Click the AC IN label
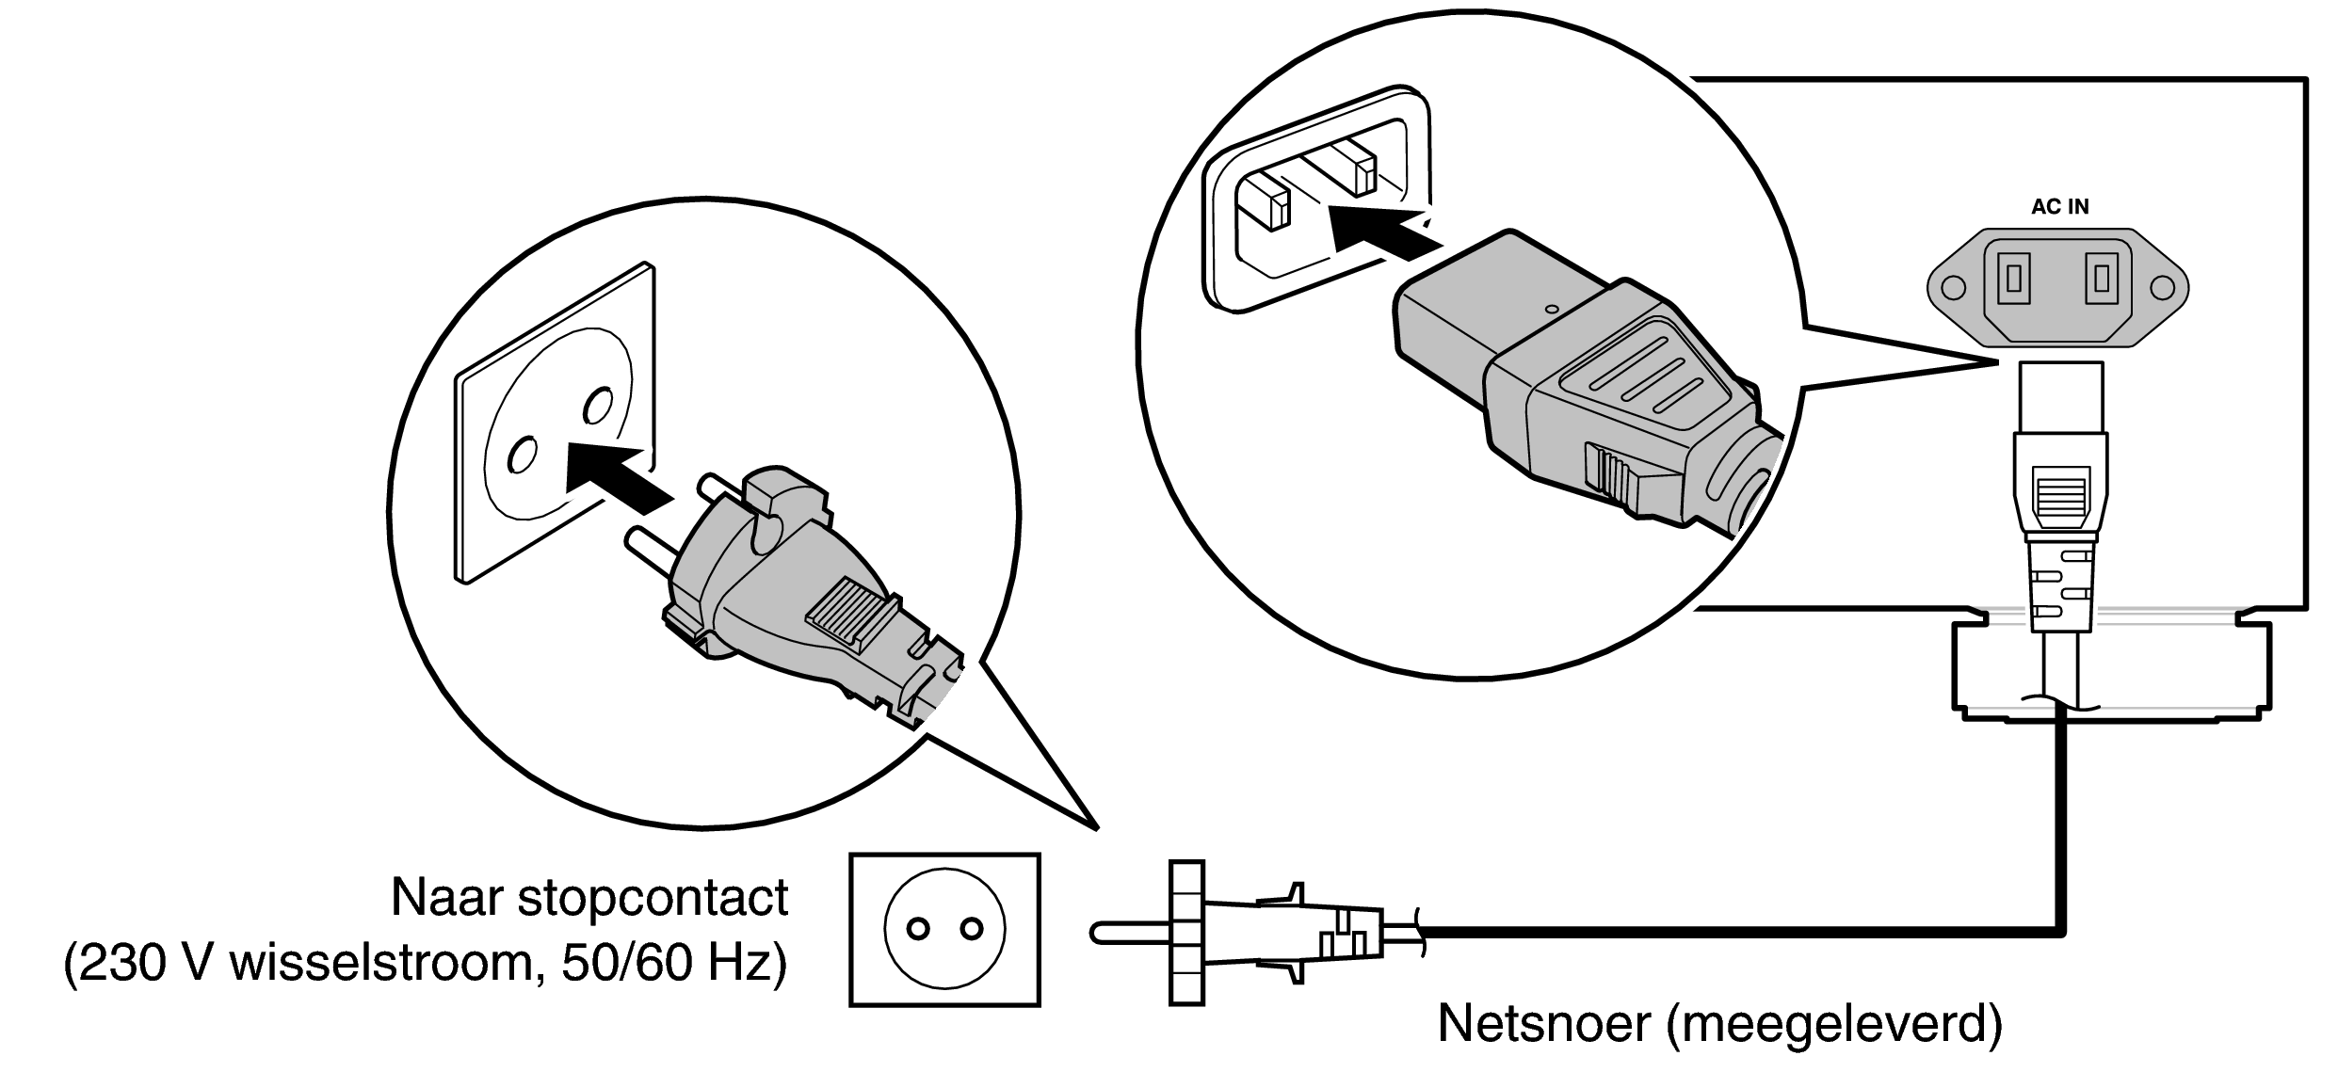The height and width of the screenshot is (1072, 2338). click(x=2059, y=207)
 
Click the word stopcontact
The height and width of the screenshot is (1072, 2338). click(x=653, y=897)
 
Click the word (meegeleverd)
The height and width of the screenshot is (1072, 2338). click(x=1833, y=1023)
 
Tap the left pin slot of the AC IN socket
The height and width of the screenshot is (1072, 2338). click(x=2014, y=279)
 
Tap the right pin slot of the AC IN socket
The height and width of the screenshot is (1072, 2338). click(x=2102, y=279)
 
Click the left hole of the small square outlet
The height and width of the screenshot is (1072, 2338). click(x=917, y=930)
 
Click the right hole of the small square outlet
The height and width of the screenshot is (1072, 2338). click(x=971, y=930)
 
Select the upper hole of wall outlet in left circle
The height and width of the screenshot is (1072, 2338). click(x=596, y=406)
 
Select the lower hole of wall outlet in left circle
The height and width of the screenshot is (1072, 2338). click(x=520, y=456)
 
